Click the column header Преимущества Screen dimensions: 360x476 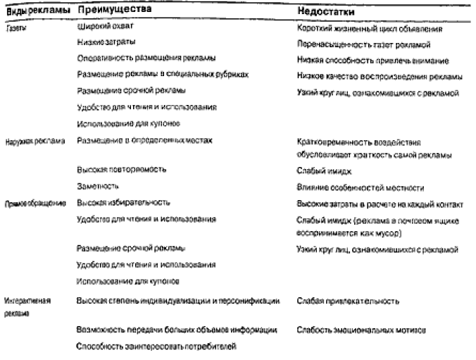pyautogui.click(x=109, y=12)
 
